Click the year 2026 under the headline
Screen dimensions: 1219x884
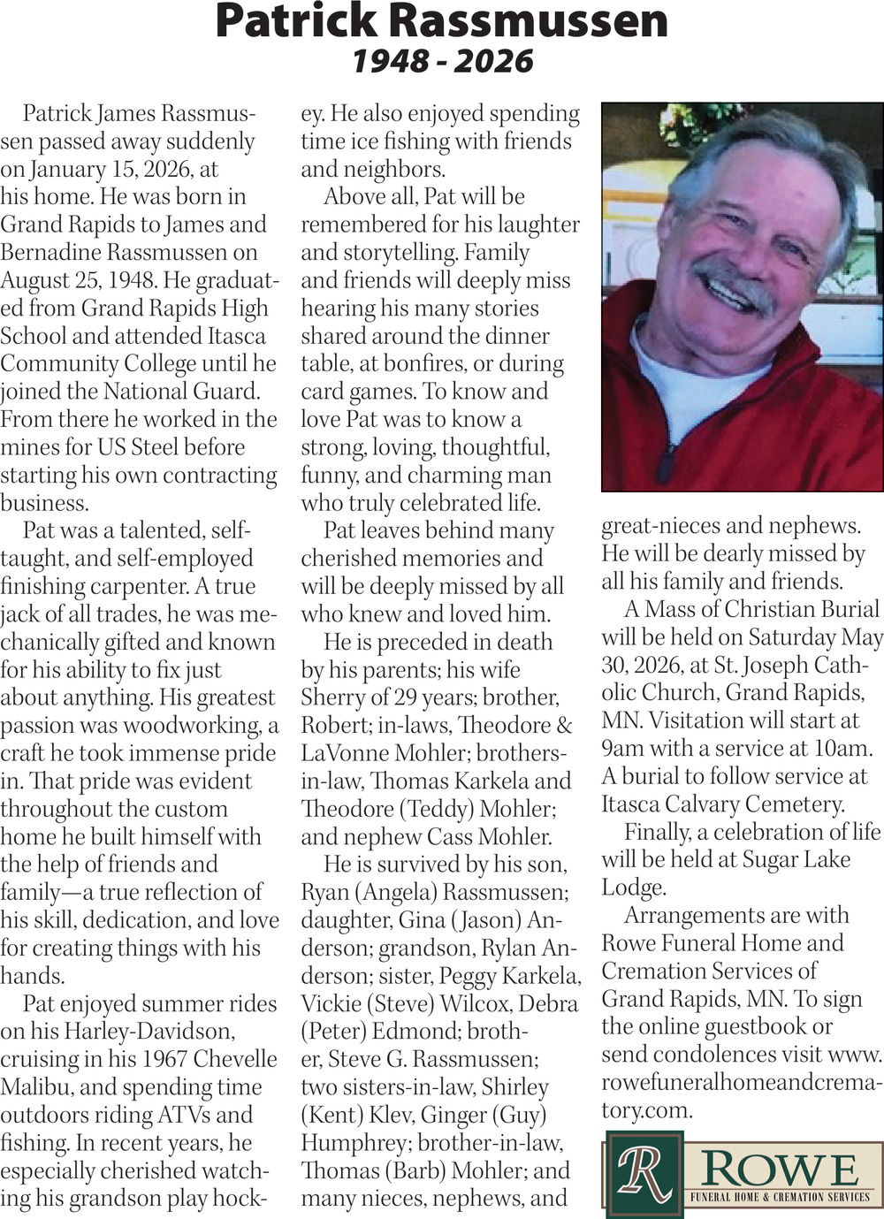[x=496, y=62]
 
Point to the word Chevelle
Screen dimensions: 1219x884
[x=235, y=1059]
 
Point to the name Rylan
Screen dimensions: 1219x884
[x=514, y=949]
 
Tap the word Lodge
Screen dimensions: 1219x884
[x=633, y=888]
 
